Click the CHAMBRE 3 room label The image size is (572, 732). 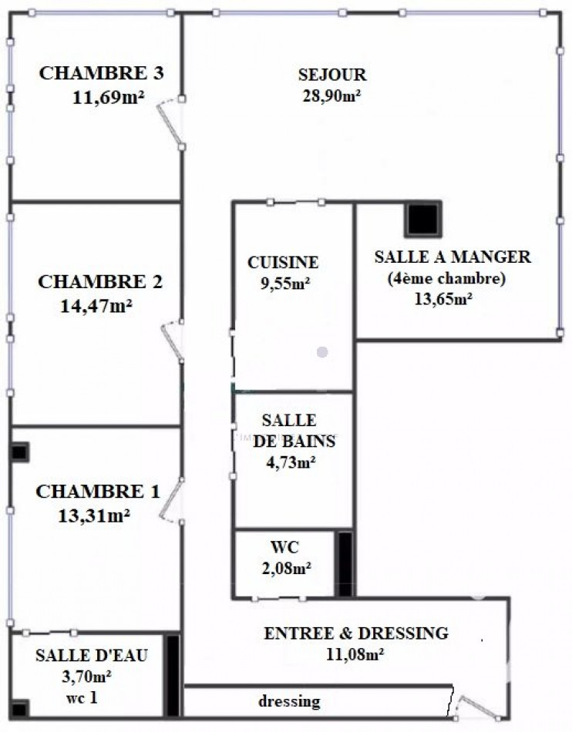click(101, 74)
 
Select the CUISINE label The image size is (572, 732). click(283, 263)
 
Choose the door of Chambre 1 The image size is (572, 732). click(173, 501)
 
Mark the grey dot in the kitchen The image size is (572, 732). click(322, 352)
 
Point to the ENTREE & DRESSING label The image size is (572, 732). click(355, 633)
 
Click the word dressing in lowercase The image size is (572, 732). click(289, 702)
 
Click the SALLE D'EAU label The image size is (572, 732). click(92, 656)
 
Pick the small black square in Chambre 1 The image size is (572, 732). click(19, 452)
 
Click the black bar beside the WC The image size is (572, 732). click(345, 563)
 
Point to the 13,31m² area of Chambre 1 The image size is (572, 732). click(93, 515)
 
